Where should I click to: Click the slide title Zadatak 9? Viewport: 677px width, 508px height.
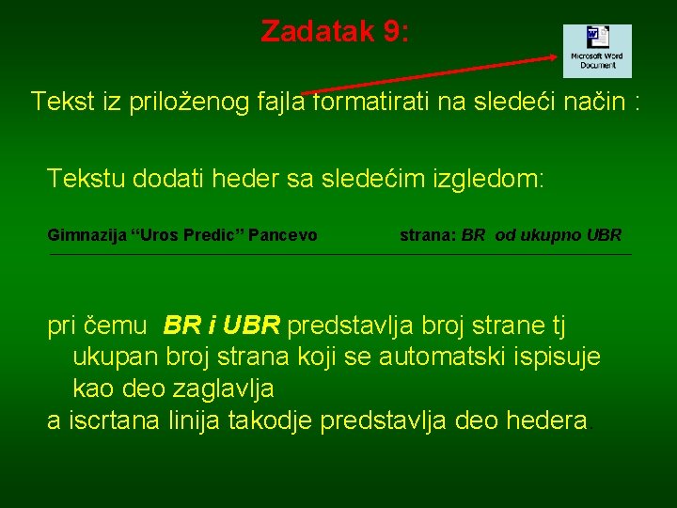click(335, 32)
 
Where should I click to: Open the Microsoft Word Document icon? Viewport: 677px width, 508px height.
click(597, 51)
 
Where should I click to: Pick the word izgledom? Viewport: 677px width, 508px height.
click(485, 178)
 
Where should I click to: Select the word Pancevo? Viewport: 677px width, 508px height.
click(282, 235)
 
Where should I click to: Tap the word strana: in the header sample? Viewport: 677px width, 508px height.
click(428, 235)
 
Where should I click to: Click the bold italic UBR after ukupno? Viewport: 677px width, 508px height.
click(603, 235)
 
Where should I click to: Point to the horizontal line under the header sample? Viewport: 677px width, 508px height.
click(338, 254)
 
